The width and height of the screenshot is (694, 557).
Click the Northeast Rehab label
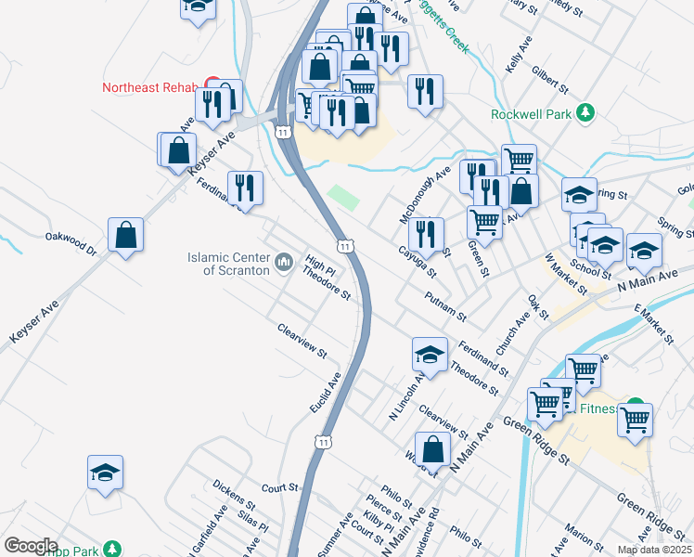(x=149, y=88)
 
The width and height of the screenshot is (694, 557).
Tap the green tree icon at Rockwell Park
(x=585, y=113)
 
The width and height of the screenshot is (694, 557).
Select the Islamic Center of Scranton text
(x=227, y=264)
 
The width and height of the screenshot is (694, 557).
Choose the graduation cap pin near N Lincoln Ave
(x=430, y=354)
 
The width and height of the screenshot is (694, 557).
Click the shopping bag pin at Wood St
(x=432, y=449)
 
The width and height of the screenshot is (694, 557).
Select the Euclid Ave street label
(x=327, y=393)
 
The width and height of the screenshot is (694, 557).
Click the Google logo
(x=31, y=546)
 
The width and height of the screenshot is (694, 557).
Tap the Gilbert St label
(x=550, y=79)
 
